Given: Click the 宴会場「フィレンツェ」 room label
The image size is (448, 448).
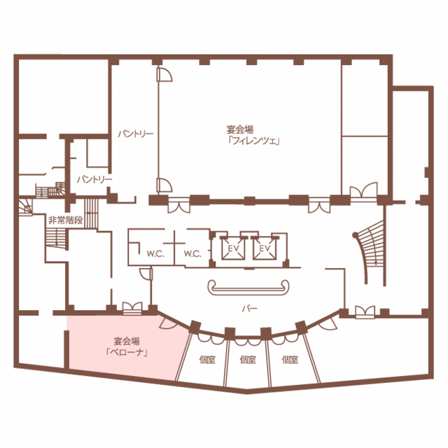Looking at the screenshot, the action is pyautogui.click(x=253, y=135).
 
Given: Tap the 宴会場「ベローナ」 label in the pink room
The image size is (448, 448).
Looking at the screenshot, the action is pyautogui.click(x=127, y=346).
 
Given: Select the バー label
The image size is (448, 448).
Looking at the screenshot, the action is pyautogui.click(x=249, y=309).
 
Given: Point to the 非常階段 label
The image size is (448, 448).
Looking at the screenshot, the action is pyautogui.click(x=65, y=220).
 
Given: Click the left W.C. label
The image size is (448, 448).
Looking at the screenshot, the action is pyautogui.click(x=155, y=253).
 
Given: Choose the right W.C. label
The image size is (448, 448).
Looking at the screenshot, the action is pyautogui.click(x=192, y=253).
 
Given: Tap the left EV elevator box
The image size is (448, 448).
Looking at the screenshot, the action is pyautogui.click(x=233, y=248).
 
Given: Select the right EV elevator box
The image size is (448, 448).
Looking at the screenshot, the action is pyautogui.click(x=265, y=248).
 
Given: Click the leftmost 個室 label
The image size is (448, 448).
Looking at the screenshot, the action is pyautogui.click(x=207, y=360).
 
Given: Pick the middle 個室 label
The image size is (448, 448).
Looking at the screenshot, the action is pyautogui.click(x=248, y=360).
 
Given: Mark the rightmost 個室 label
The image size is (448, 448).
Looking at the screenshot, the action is pyautogui.click(x=290, y=360).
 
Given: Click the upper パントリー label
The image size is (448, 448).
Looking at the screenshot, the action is pyautogui.click(x=136, y=134).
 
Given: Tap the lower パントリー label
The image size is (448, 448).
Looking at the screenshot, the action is pyautogui.click(x=94, y=179).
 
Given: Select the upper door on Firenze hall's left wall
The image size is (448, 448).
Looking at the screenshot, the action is pyautogui.click(x=164, y=74).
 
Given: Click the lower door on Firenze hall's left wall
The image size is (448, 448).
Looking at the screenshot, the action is pyautogui.click(x=164, y=185).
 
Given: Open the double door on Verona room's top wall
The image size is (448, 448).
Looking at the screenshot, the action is pyautogui.click(x=132, y=308).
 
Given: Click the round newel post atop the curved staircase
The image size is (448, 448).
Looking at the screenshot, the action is pyautogui.click(x=355, y=235).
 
